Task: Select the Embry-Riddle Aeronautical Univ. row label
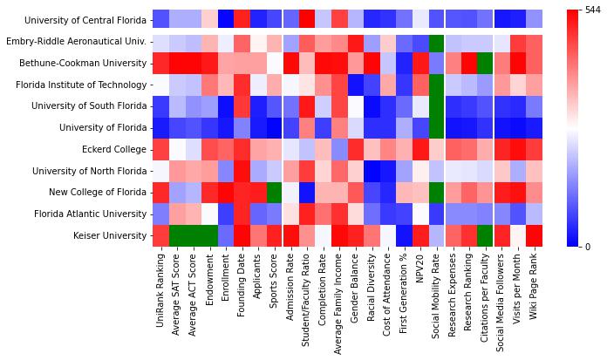pos(78,42)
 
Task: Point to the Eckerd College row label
pos(113,149)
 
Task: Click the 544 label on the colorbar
pos(594,10)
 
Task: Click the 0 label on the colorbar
pos(589,247)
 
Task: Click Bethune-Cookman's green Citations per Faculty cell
pos(485,64)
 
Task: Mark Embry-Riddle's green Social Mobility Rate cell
pos(436,42)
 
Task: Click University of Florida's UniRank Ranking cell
pos(161,128)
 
